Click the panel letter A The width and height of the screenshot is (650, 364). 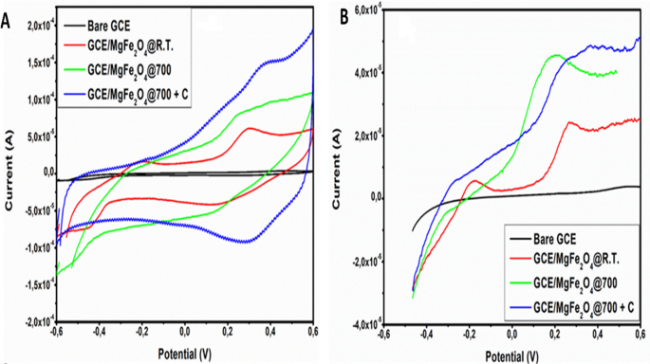tap(7, 15)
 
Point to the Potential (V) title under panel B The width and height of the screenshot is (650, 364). tap(513, 355)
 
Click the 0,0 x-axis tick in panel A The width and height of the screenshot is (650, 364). tap(184, 333)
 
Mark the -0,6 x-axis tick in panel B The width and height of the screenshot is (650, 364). tap(384, 334)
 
